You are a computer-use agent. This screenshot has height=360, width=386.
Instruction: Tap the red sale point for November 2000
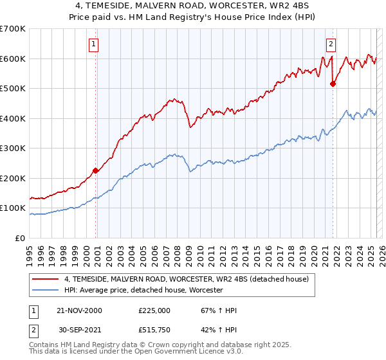pos(96,170)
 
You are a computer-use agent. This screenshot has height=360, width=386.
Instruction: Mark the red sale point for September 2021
pos(333,84)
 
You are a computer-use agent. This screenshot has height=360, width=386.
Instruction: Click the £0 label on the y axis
pos(21,238)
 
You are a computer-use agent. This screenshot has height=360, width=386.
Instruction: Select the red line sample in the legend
pos(46,279)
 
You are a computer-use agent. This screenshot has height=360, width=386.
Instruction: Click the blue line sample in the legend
pos(46,291)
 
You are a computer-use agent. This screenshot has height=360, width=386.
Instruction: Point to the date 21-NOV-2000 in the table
pos(79,310)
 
